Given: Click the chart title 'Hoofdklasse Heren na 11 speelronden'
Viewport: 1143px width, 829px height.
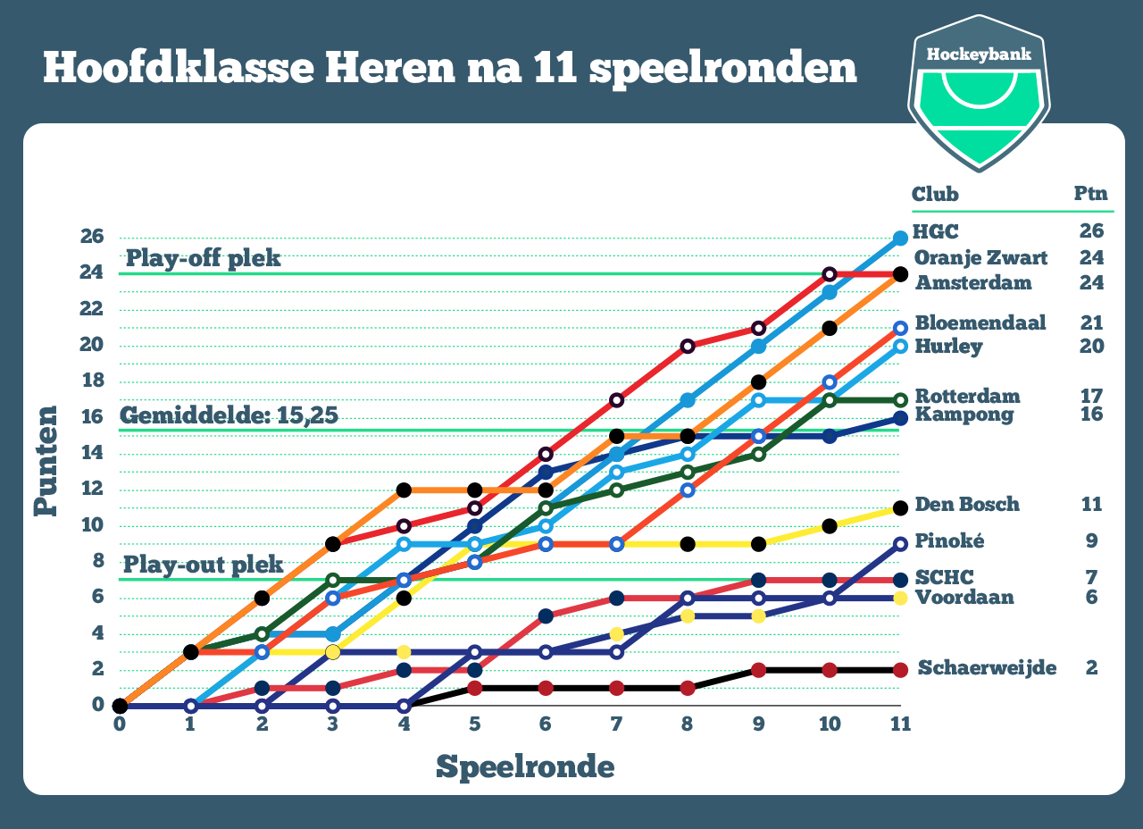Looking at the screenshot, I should [450, 69].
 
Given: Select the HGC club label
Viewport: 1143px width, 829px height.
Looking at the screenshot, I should [935, 231].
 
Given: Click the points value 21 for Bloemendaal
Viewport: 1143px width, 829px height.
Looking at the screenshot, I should [1091, 322].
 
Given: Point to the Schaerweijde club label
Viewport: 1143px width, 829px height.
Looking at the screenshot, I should [987, 667].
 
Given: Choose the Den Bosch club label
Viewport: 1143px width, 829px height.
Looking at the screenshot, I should [967, 504].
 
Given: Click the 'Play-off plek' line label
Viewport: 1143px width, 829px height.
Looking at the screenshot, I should [203, 258].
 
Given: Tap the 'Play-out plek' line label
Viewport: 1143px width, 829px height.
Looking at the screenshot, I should [203, 565].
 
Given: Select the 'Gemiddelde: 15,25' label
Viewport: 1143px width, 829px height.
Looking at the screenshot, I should [229, 415].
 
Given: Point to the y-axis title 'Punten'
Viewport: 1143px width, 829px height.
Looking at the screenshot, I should [46, 462].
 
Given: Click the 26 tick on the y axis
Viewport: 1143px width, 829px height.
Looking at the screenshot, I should [93, 236].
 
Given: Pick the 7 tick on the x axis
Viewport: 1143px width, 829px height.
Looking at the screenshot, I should [616, 724].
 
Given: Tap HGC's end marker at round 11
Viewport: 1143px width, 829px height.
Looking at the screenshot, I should [900, 239].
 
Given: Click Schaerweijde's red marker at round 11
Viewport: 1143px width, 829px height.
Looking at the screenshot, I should [900, 669].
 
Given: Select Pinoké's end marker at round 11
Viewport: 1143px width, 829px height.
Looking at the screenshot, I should [900, 543].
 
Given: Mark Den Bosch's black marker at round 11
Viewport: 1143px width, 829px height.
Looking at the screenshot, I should [900, 507].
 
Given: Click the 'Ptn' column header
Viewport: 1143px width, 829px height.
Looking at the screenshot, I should [1090, 194].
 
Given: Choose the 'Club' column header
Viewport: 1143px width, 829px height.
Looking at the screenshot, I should [934, 194].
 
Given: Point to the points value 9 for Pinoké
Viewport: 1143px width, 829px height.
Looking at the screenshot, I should [1091, 540].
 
